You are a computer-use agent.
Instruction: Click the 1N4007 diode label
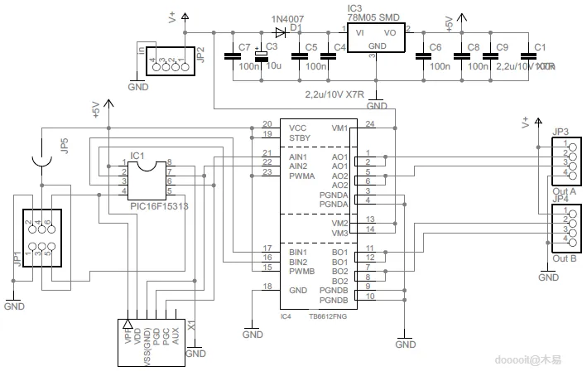(x=287, y=18)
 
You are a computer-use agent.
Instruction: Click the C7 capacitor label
(x=244, y=46)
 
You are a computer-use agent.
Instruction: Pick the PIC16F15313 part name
(x=157, y=205)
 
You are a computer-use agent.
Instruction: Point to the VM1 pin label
(x=339, y=128)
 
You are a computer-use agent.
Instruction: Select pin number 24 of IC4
(x=369, y=124)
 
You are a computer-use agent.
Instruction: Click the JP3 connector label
(x=561, y=131)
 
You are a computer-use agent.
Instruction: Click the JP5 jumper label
(x=64, y=146)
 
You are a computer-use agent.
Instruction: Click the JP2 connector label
(x=200, y=55)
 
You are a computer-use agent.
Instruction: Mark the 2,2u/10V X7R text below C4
(x=339, y=93)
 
